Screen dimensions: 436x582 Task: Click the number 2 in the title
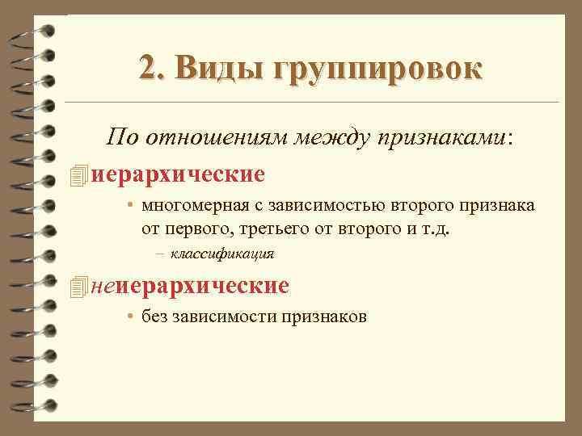click(146, 67)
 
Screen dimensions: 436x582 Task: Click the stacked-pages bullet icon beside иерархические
click(78, 174)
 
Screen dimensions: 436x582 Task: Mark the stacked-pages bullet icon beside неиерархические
click(78, 286)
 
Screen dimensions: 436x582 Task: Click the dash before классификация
click(161, 254)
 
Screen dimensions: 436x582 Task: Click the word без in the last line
click(154, 317)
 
